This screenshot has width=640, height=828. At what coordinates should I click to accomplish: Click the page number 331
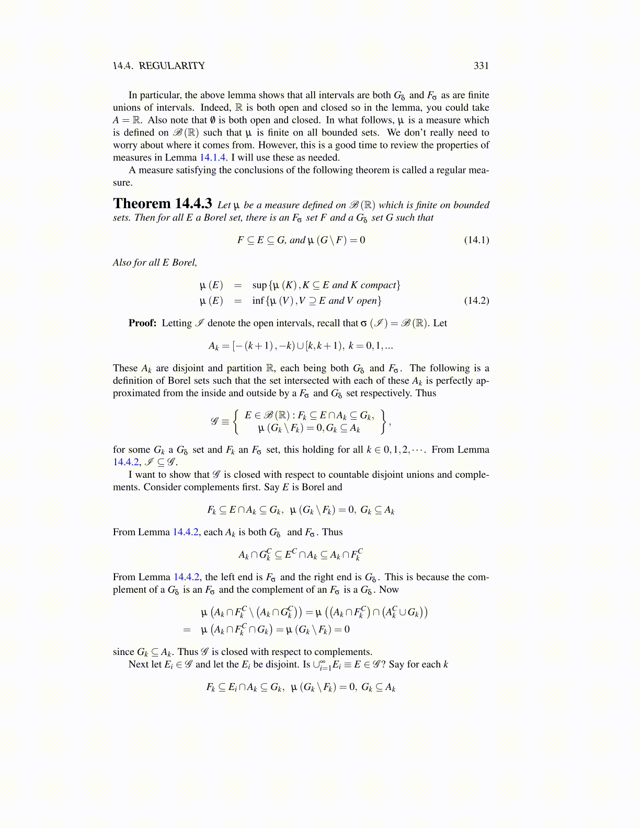481,65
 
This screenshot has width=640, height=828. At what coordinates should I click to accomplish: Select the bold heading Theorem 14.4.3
163,203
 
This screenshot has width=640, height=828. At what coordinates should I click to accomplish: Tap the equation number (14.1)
476,240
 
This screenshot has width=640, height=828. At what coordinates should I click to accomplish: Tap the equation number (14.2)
476,301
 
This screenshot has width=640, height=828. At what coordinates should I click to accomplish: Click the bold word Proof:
142,323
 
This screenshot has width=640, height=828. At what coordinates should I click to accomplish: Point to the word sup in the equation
259,285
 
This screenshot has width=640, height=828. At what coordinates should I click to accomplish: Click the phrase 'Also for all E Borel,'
155,262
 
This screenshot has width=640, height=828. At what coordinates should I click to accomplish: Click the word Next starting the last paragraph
138,664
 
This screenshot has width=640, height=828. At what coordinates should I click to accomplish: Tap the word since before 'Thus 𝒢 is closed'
123,652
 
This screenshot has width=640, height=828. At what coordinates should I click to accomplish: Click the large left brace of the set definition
236,421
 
